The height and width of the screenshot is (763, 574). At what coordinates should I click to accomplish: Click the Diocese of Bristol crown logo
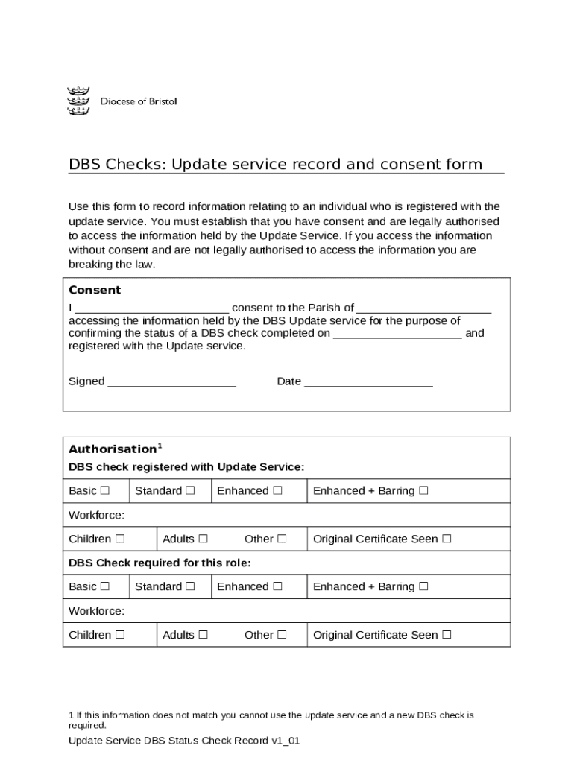tap(78, 101)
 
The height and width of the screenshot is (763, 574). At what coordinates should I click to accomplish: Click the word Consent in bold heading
tap(95, 290)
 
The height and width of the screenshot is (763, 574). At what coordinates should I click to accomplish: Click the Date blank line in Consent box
tap(368, 383)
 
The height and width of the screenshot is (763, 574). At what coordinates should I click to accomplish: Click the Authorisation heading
tap(112, 449)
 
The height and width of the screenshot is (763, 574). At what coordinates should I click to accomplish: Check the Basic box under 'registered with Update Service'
tap(105, 491)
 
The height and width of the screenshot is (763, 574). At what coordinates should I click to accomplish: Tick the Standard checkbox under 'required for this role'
tap(190, 587)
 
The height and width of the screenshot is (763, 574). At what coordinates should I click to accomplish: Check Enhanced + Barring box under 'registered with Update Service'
tap(423, 491)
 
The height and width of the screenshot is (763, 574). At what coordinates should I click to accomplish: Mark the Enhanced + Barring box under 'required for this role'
tap(423, 587)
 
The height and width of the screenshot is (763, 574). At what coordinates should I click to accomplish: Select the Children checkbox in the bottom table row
tap(120, 636)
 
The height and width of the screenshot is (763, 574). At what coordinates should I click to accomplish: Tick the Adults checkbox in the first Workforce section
tap(203, 539)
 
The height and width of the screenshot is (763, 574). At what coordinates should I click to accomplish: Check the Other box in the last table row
tap(282, 636)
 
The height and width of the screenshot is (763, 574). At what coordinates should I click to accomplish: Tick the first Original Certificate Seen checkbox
tap(447, 539)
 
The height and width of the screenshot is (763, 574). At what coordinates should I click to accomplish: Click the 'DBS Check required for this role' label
tap(160, 563)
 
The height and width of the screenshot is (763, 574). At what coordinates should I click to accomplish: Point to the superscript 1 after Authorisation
tap(160, 446)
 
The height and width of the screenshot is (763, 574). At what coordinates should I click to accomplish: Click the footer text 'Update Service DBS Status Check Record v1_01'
tap(183, 741)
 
